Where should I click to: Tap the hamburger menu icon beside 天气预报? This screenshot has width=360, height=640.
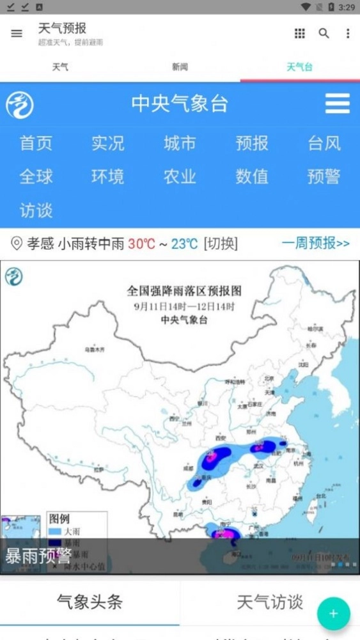pyautogui.click(x=17, y=34)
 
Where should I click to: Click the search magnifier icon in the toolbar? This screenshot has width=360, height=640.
pyautogui.click(x=324, y=34)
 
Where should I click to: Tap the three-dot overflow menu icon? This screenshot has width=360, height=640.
pyautogui.click(x=348, y=34)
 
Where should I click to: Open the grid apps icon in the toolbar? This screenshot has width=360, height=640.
pyautogui.click(x=300, y=34)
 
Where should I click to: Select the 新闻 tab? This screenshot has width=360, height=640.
pyautogui.click(x=180, y=67)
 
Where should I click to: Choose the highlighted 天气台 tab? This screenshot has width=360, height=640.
pyautogui.click(x=299, y=67)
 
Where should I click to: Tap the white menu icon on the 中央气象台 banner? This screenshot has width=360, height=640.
pyautogui.click(x=337, y=104)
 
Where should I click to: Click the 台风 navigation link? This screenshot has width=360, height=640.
pyautogui.click(x=324, y=143)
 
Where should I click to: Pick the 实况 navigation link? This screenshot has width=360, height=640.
pyautogui.click(x=107, y=143)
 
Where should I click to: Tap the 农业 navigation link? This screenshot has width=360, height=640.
pyautogui.click(x=180, y=176)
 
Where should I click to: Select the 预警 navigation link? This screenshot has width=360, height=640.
pyautogui.click(x=324, y=176)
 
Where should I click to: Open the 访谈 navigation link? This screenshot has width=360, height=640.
pyautogui.click(x=36, y=210)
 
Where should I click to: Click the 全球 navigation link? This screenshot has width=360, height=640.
pyautogui.click(x=36, y=176)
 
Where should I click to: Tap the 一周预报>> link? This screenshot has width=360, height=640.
pyautogui.click(x=315, y=244)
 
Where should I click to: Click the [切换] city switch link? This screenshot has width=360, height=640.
pyautogui.click(x=221, y=244)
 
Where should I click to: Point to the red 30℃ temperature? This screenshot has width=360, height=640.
pyautogui.click(x=141, y=244)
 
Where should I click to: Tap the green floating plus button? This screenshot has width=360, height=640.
pyautogui.click(x=333, y=614)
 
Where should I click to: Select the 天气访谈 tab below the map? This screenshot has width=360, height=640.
pyautogui.click(x=270, y=602)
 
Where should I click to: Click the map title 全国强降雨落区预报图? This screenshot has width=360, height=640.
pyautogui.click(x=184, y=291)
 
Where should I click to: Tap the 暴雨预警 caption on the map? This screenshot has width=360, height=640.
pyautogui.click(x=38, y=556)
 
